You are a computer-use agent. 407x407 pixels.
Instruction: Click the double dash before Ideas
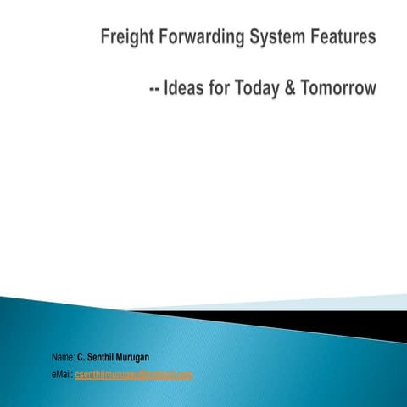(x=155, y=89)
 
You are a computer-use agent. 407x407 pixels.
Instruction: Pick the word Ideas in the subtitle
(x=189, y=89)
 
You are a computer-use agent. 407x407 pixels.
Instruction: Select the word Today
(x=266, y=89)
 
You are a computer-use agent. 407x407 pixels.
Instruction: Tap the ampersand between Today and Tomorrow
(x=300, y=89)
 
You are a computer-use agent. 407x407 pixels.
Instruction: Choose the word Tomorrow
(x=343, y=89)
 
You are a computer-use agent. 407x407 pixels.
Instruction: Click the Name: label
(x=63, y=359)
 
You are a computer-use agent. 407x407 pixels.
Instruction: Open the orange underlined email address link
(x=134, y=374)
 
